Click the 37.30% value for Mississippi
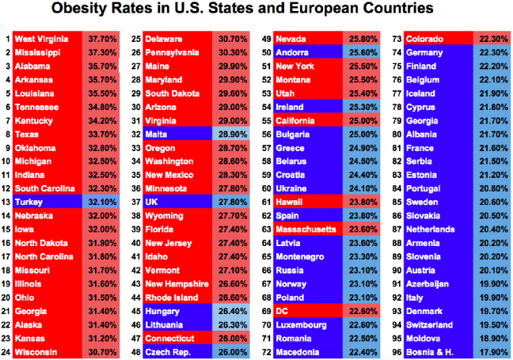(101, 51)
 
